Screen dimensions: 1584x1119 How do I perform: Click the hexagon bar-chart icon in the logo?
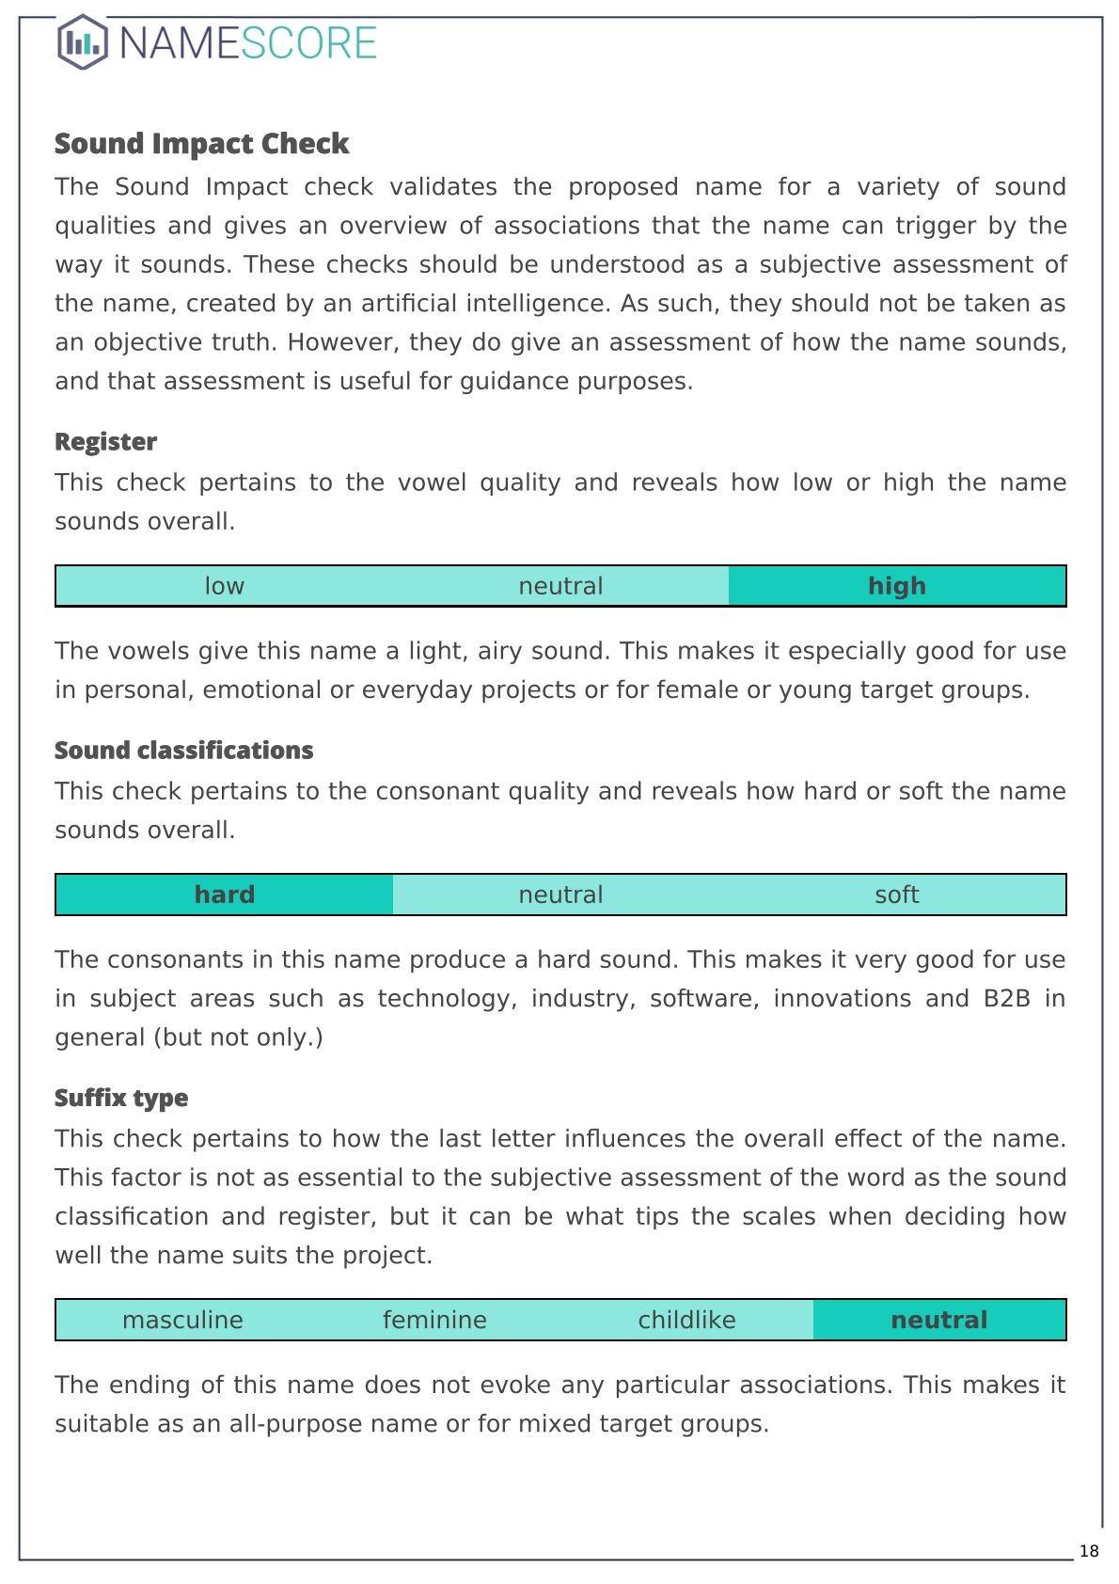click(83, 42)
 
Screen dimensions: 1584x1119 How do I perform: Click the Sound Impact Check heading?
click(201, 144)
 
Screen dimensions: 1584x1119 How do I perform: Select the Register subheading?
click(105, 442)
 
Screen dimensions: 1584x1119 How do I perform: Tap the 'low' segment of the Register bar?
click(224, 586)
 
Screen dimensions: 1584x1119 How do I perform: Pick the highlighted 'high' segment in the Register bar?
click(896, 586)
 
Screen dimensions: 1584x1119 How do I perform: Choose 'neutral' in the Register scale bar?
click(560, 586)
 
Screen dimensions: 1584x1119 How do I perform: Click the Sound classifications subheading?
click(183, 751)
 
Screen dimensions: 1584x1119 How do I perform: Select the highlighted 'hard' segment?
click(224, 895)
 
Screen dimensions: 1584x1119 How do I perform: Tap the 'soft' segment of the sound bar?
click(896, 895)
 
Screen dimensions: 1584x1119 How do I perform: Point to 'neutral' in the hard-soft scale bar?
click(560, 895)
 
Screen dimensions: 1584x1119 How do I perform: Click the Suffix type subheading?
click(121, 1099)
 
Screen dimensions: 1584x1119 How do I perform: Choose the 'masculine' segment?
click(182, 1320)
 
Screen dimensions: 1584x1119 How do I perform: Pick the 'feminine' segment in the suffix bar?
click(434, 1320)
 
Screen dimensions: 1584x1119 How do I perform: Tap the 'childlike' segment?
click(686, 1320)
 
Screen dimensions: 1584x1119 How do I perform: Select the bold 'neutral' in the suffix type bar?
click(938, 1320)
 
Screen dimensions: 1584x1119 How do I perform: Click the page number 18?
click(1089, 1551)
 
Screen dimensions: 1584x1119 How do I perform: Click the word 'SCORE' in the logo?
click(309, 43)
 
